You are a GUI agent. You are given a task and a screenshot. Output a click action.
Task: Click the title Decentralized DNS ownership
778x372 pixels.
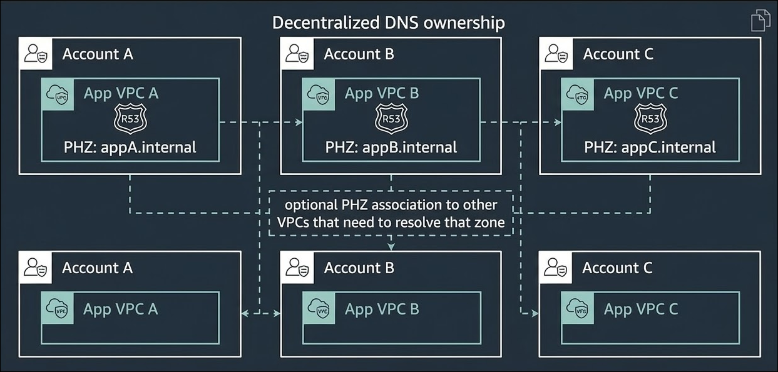[x=388, y=23]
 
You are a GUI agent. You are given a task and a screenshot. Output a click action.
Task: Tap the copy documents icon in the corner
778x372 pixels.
[x=760, y=20]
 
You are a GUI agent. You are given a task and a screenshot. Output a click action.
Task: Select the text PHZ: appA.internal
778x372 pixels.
[x=130, y=148]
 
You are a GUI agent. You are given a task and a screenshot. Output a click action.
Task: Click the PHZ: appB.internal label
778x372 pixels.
[x=391, y=148]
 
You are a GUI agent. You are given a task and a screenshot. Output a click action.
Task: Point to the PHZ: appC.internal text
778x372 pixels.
[x=650, y=148]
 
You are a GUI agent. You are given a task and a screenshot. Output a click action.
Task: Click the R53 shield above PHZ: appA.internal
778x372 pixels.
[x=130, y=118]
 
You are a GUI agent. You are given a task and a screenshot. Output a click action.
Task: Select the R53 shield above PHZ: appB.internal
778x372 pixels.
[x=391, y=118]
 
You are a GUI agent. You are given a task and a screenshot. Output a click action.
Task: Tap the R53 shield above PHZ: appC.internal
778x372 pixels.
[x=650, y=118]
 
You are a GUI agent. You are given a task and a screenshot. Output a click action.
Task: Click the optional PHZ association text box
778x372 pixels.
[x=391, y=213]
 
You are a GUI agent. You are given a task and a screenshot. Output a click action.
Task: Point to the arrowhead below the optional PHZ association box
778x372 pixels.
[x=391, y=246]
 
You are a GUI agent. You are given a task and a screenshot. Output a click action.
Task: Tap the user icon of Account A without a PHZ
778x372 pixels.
[x=36, y=268]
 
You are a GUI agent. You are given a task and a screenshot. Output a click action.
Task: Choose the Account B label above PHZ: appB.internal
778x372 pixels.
[x=359, y=54]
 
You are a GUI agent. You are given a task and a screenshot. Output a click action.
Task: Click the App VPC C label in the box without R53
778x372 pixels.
[x=640, y=309]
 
